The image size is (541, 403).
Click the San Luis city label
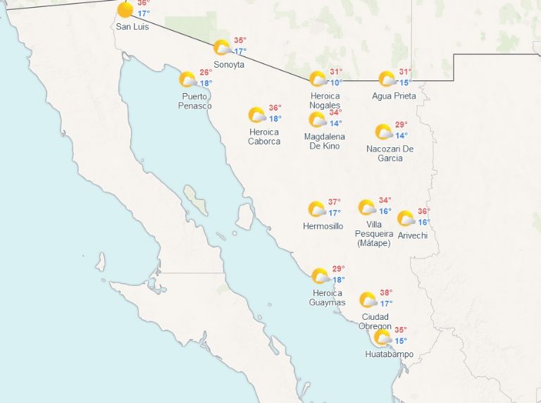(x=132, y=27)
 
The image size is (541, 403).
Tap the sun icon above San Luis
(x=125, y=10)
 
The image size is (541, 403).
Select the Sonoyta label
(x=229, y=64)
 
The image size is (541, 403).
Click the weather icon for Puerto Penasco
(x=187, y=80)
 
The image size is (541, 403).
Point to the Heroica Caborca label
(x=264, y=137)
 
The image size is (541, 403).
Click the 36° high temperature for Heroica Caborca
(x=275, y=108)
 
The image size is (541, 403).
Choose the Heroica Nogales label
(x=325, y=101)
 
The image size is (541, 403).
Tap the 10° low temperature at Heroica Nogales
(x=337, y=82)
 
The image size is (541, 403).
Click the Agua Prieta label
(x=394, y=96)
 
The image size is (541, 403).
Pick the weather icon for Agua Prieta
(x=386, y=79)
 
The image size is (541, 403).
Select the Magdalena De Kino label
(x=325, y=141)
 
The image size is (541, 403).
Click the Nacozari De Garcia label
(x=390, y=154)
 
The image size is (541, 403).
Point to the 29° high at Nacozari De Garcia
(x=401, y=125)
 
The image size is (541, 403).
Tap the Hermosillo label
(x=323, y=226)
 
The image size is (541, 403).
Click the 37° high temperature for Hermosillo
(x=335, y=201)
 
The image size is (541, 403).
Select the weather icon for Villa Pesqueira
(x=366, y=207)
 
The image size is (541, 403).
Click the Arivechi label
(x=412, y=235)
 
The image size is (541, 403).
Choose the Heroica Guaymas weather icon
(x=320, y=276)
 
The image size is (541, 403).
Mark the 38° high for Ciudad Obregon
(x=386, y=292)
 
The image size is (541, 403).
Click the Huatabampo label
(x=390, y=354)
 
